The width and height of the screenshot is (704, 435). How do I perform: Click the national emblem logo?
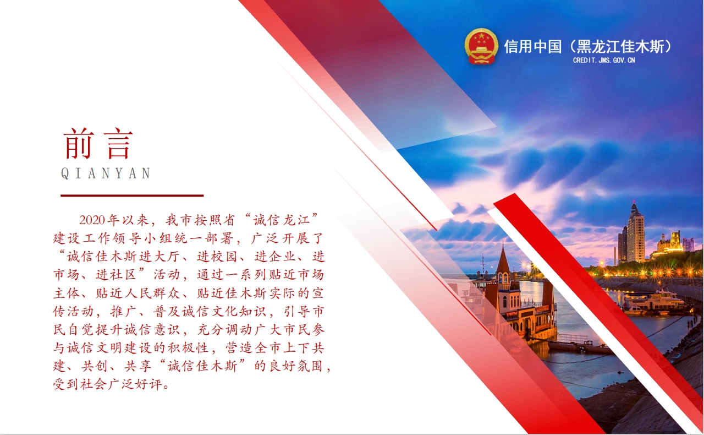coord(481,46)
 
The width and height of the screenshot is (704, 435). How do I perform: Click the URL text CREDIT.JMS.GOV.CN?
coord(604,60)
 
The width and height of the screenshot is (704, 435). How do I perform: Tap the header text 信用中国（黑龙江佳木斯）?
coord(588,47)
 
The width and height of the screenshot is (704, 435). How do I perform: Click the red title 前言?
coord(98,143)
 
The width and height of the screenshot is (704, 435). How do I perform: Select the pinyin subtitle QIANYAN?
coord(106,173)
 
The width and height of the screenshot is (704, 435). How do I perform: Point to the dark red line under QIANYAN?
coord(132,195)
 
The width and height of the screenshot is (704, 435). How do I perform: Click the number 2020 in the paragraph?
coord(92,220)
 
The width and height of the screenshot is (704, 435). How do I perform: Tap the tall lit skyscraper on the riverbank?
coord(635,232)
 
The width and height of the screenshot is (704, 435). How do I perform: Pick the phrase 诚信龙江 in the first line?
coord(282,220)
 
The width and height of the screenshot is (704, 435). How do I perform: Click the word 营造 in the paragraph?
coord(239,348)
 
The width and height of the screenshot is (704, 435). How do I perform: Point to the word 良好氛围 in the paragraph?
coord(295,366)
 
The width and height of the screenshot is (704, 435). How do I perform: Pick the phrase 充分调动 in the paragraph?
coord(224,330)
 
